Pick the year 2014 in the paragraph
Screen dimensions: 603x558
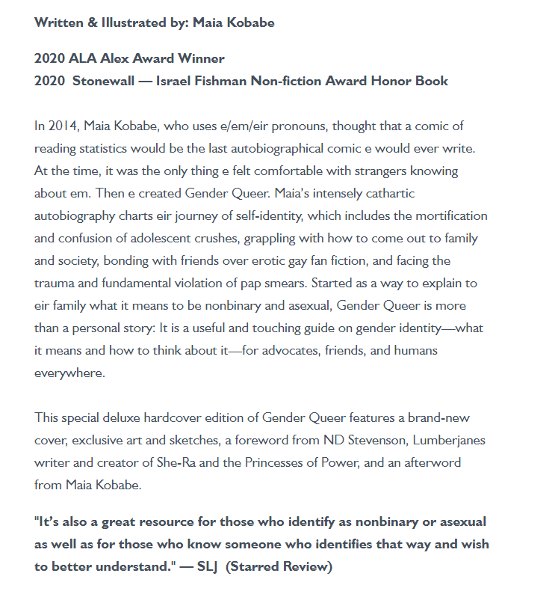point(62,126)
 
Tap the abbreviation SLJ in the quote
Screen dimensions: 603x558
point(207,566)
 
